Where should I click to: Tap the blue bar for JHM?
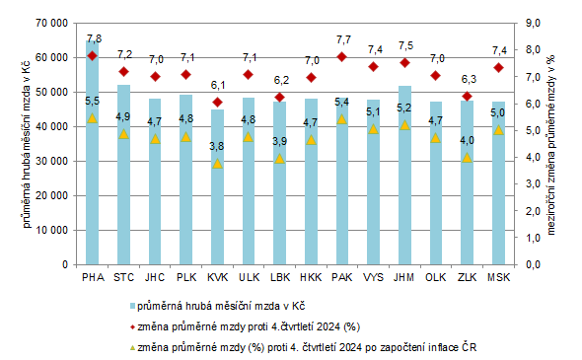(x=404, y=187)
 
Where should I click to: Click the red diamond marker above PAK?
(x=342, y=57)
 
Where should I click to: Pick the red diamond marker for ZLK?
(x=468, y=96)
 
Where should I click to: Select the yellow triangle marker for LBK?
(x=280, y=159)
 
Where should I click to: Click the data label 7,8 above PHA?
(x=94, y=38)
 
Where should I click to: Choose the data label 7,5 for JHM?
(x=405, y=45)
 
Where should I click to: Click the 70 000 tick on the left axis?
(x=51, y=23)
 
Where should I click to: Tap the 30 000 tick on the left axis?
(x=51, y=161)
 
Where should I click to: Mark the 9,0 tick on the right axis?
(x=531, y=23)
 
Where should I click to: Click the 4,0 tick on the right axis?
(x=531, y=157)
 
